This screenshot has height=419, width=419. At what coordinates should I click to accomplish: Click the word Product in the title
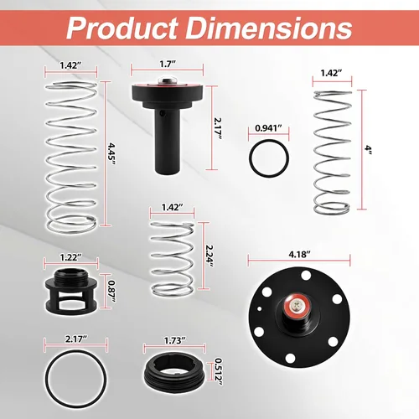point(122,28)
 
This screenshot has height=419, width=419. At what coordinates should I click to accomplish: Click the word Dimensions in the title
point(269,28)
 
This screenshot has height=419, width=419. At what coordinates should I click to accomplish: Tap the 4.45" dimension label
point(111,155)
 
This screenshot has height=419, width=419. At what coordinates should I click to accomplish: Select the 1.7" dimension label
point(168,64)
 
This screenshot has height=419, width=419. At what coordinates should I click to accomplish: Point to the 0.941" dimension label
point(268,128)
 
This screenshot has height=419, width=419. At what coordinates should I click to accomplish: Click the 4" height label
point(369,149)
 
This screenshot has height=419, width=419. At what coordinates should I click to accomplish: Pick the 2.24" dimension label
point(209,256)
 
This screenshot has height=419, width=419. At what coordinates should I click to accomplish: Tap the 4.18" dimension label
point(299,255)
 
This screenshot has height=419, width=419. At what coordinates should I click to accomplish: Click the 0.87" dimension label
point(111,291)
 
